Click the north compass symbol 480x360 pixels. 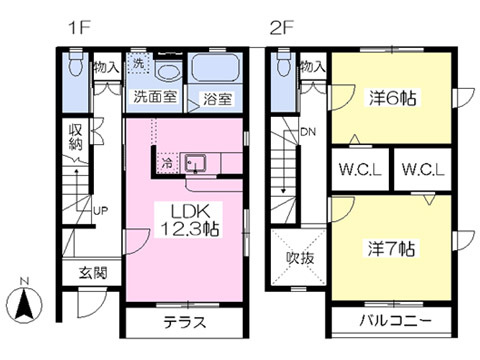(x=25, y=302)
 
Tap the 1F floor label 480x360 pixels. (x=79, y=28)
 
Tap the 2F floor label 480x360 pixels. (x=281, y=28)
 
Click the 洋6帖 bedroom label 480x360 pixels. (x=392, y=98)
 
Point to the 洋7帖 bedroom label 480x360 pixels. (x=391, y=249)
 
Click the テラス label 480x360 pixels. (x=185, y=322)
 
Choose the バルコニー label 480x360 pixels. (x=395, y=321)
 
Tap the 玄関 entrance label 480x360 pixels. (x=93, y=273)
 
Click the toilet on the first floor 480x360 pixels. (x=76, y=63)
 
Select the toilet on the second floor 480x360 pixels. (x=284, y=63)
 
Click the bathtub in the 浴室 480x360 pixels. (x=216, y=68)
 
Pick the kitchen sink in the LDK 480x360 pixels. (x=195, y=163)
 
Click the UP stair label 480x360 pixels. (x=101, y=211)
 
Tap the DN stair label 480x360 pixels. (x=308, y=132)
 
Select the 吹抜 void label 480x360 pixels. (x=300, y=258)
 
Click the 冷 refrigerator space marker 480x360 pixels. (x=168, y=163)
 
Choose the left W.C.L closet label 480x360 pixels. (x=360, y=170)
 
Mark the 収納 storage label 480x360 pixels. (x=76, y=138)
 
